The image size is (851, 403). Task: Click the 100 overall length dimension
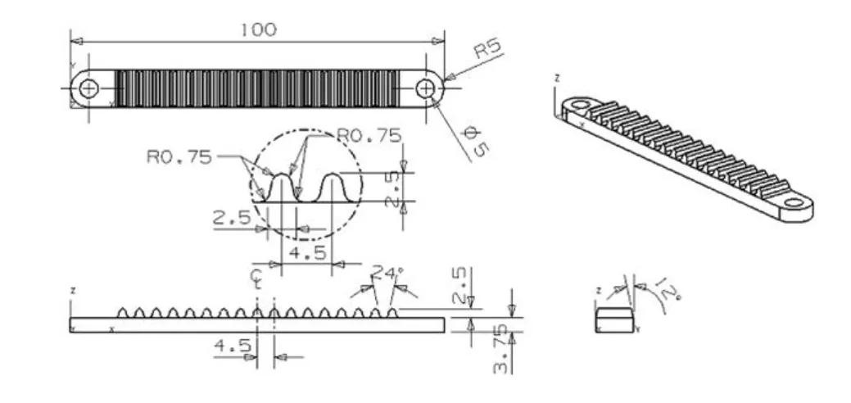pyautogui.click(x=258, y=29)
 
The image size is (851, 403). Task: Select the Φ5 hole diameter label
pyautogui.click(x=475, y=141)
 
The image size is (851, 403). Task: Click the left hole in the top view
pyautogui.click(x=88, y=88)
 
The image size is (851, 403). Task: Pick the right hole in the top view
pyautogui.click(x=426, y=88)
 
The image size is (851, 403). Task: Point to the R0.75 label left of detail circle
pyautogui.click(x=179, y=157)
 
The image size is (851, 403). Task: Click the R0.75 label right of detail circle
pyautogui.click(x=369, y=134)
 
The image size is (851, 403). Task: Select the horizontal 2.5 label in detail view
pyautogui.click(x=231, y=219)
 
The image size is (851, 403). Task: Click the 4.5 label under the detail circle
pyautogui.click(x=307, y=252)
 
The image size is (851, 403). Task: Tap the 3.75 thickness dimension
pyautogui.click(x=501, y=349)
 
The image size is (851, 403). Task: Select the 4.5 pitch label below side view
pyautogui.click(x=233, y=346)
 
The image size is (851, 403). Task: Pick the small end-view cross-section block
pyautogui.click(x=613, y=320)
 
